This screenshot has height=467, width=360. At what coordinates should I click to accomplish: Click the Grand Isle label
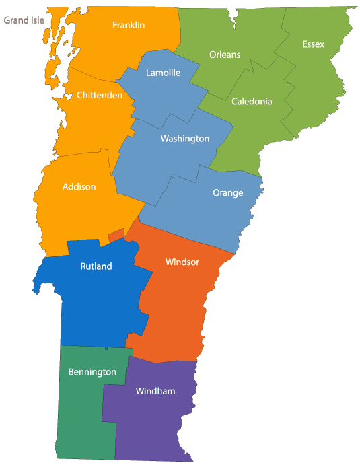click(25, 20)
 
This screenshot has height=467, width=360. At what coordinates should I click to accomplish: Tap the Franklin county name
click(129, 25)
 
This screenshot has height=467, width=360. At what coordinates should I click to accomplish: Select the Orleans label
click(225, 55)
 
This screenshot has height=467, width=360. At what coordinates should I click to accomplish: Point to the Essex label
click(313, 44)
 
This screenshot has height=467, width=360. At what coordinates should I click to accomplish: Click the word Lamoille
click(163, 73)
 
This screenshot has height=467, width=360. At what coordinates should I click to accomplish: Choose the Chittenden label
click(100, 96)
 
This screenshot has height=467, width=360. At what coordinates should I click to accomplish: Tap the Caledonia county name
click(252, 102)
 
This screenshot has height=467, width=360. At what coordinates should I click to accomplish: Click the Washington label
click(185, 139)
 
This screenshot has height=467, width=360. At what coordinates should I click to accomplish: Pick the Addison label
click(79, 186)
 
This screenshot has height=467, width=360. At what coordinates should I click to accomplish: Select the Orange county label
click(227, 192)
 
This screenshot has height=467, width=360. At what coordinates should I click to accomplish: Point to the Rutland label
click(96, 266)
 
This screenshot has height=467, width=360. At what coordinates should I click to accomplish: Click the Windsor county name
click(182, 262)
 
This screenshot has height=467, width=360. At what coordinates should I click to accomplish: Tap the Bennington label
click(92, 371)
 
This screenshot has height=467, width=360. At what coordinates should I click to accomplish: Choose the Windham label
click(155, 391)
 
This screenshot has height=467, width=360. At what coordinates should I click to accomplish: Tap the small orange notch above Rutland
click(116, 235)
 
